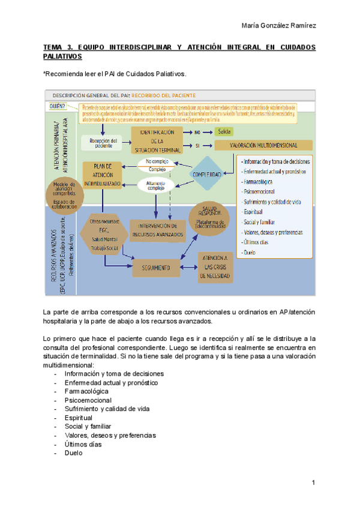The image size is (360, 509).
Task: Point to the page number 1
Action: pyautogui.click(x=313, y=483)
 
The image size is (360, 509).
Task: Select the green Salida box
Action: pyautogui.click(x=224, y=131)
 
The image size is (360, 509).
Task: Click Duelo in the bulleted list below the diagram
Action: pyautogui.click(x=74, y=453)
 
